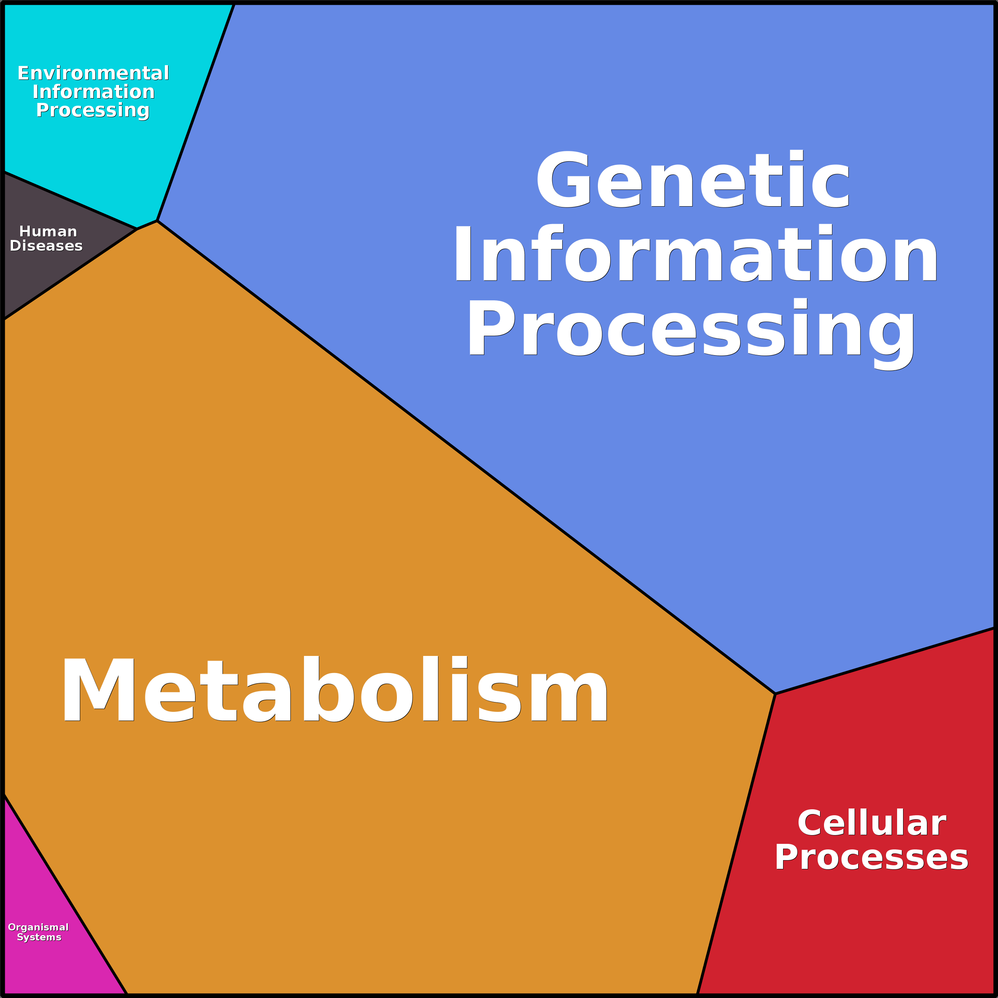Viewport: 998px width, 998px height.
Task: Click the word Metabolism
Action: point(335,690)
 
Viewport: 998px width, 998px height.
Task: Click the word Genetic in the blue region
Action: point(692,180)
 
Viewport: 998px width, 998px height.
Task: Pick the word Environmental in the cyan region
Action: point(93,73)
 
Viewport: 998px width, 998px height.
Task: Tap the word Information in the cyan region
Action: point(93,92)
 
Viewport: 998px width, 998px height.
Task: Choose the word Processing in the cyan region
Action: point(93,110)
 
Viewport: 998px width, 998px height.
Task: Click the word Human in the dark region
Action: point(48,231)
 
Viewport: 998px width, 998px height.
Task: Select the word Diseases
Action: point(46,246)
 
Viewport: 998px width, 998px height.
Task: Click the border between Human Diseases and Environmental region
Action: point(70,200)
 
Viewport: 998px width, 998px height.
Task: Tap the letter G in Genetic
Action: point(563,180)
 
